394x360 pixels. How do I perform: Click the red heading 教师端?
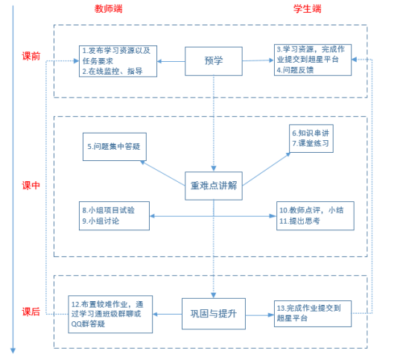pos(108,9)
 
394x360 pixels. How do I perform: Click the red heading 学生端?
pos(308,9)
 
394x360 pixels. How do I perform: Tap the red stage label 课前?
pos(31,56)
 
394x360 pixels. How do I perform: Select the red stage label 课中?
pos(31,186)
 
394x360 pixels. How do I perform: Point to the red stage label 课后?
pos(31,312)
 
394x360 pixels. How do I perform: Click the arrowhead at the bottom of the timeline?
pos(13,351)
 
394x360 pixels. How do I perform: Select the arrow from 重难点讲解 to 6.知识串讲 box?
pos(267,169)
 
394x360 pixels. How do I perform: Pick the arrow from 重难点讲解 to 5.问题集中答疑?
pos(162,173)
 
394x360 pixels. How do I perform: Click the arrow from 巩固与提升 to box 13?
pos(260,315)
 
